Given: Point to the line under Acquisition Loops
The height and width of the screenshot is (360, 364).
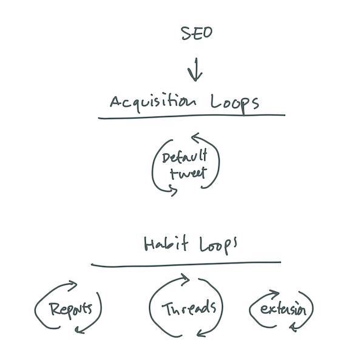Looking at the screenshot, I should click(x=192, y=116).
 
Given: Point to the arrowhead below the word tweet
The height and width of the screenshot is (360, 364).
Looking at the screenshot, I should click(x=175, y=192).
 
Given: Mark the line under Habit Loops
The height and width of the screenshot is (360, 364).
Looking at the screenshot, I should click(x=186, y=263).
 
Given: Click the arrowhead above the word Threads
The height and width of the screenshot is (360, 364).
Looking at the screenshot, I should click(x=184, y=280).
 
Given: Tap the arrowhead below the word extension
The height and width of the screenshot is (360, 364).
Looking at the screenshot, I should click(x=293, y=327).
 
